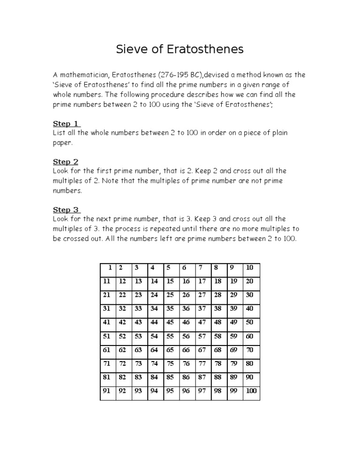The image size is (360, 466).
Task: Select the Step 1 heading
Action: coord(66,124)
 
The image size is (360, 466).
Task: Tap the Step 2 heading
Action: coord(66,162)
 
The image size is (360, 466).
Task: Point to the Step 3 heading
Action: coord(66,210)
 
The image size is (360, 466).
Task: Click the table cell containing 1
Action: coord(108,268)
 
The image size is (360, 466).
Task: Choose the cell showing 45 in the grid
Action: coord(170,322)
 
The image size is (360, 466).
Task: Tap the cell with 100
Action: coord(251,391)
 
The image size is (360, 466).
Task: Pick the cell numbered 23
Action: coord(138,295)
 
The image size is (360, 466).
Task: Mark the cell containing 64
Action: coord(154,350)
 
